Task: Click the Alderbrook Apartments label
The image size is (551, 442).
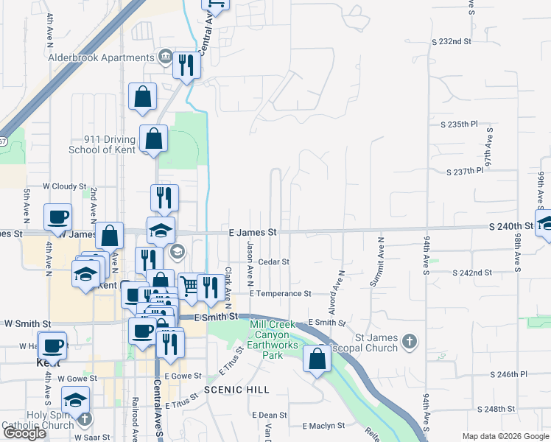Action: click(100, 58)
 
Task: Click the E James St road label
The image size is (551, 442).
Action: click(252, 232)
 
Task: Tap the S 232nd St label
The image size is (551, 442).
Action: click(451, 41)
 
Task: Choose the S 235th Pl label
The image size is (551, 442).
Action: click(459, 124)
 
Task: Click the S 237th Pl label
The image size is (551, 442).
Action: click(465, 171)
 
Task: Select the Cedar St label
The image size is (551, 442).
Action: click(273, 262)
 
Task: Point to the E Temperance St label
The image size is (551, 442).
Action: click(280, 293)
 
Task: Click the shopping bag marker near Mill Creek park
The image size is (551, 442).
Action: click(317, 359)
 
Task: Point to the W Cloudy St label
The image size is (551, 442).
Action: click(65, 187)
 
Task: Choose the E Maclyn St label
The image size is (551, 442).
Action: click(324, 426)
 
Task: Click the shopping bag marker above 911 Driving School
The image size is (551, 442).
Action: click(142, 97)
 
